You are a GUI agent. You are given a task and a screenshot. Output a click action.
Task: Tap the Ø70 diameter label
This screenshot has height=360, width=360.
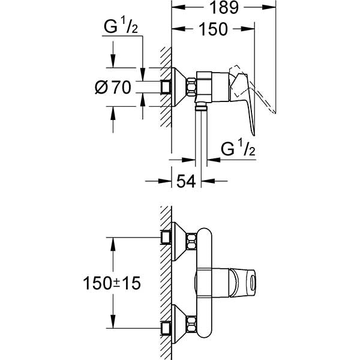click(x=113, y=88)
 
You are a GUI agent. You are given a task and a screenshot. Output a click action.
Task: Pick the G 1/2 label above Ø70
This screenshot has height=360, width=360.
click(x=119, y=28)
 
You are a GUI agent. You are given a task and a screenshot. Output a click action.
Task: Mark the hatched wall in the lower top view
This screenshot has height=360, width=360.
click(x=164, y=282)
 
